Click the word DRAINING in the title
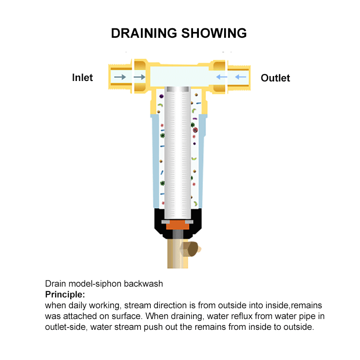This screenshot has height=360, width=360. tap(144, 33)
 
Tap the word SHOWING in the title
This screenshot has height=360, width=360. tap(214, 33)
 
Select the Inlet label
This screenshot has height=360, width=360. tap(82, 77)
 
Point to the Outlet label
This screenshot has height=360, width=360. tap(275, 78)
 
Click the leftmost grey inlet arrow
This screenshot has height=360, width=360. tap(120, 77)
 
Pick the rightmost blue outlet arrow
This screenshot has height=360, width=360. tap(241, 77)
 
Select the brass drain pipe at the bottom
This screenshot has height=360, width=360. tap(178, 254)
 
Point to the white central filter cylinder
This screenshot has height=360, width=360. tap(177, 153)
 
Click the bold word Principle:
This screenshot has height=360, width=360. tap(65, 295)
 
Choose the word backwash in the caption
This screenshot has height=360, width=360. tap(143, 284)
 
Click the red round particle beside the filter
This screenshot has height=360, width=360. tap(195, 130)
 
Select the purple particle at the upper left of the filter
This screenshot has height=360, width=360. tap(162, 96)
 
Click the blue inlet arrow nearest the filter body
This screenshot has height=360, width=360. tap(222, 77)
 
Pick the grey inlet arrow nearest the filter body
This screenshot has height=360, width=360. tap(139, 77)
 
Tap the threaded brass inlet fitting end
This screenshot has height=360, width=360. tap(120, 77)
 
